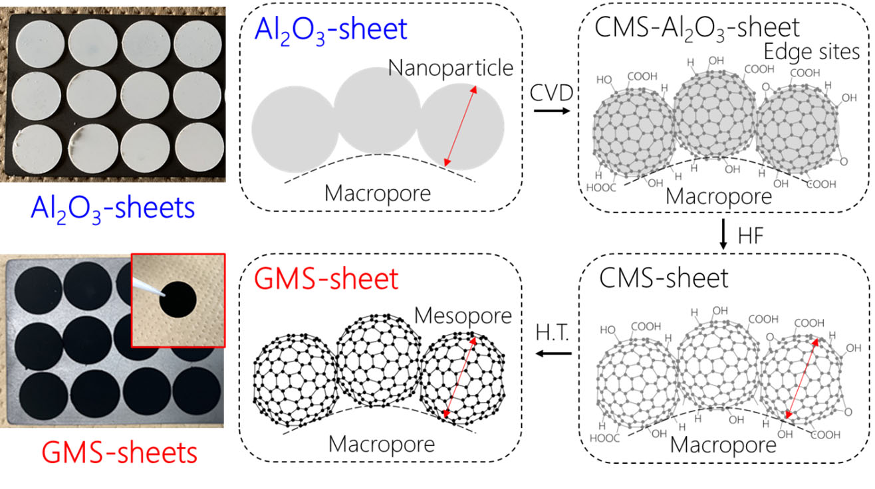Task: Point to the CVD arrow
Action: (x=551, y=110)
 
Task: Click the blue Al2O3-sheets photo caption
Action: (x=112, y=208)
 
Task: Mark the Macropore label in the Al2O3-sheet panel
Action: (x=378, y=193)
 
